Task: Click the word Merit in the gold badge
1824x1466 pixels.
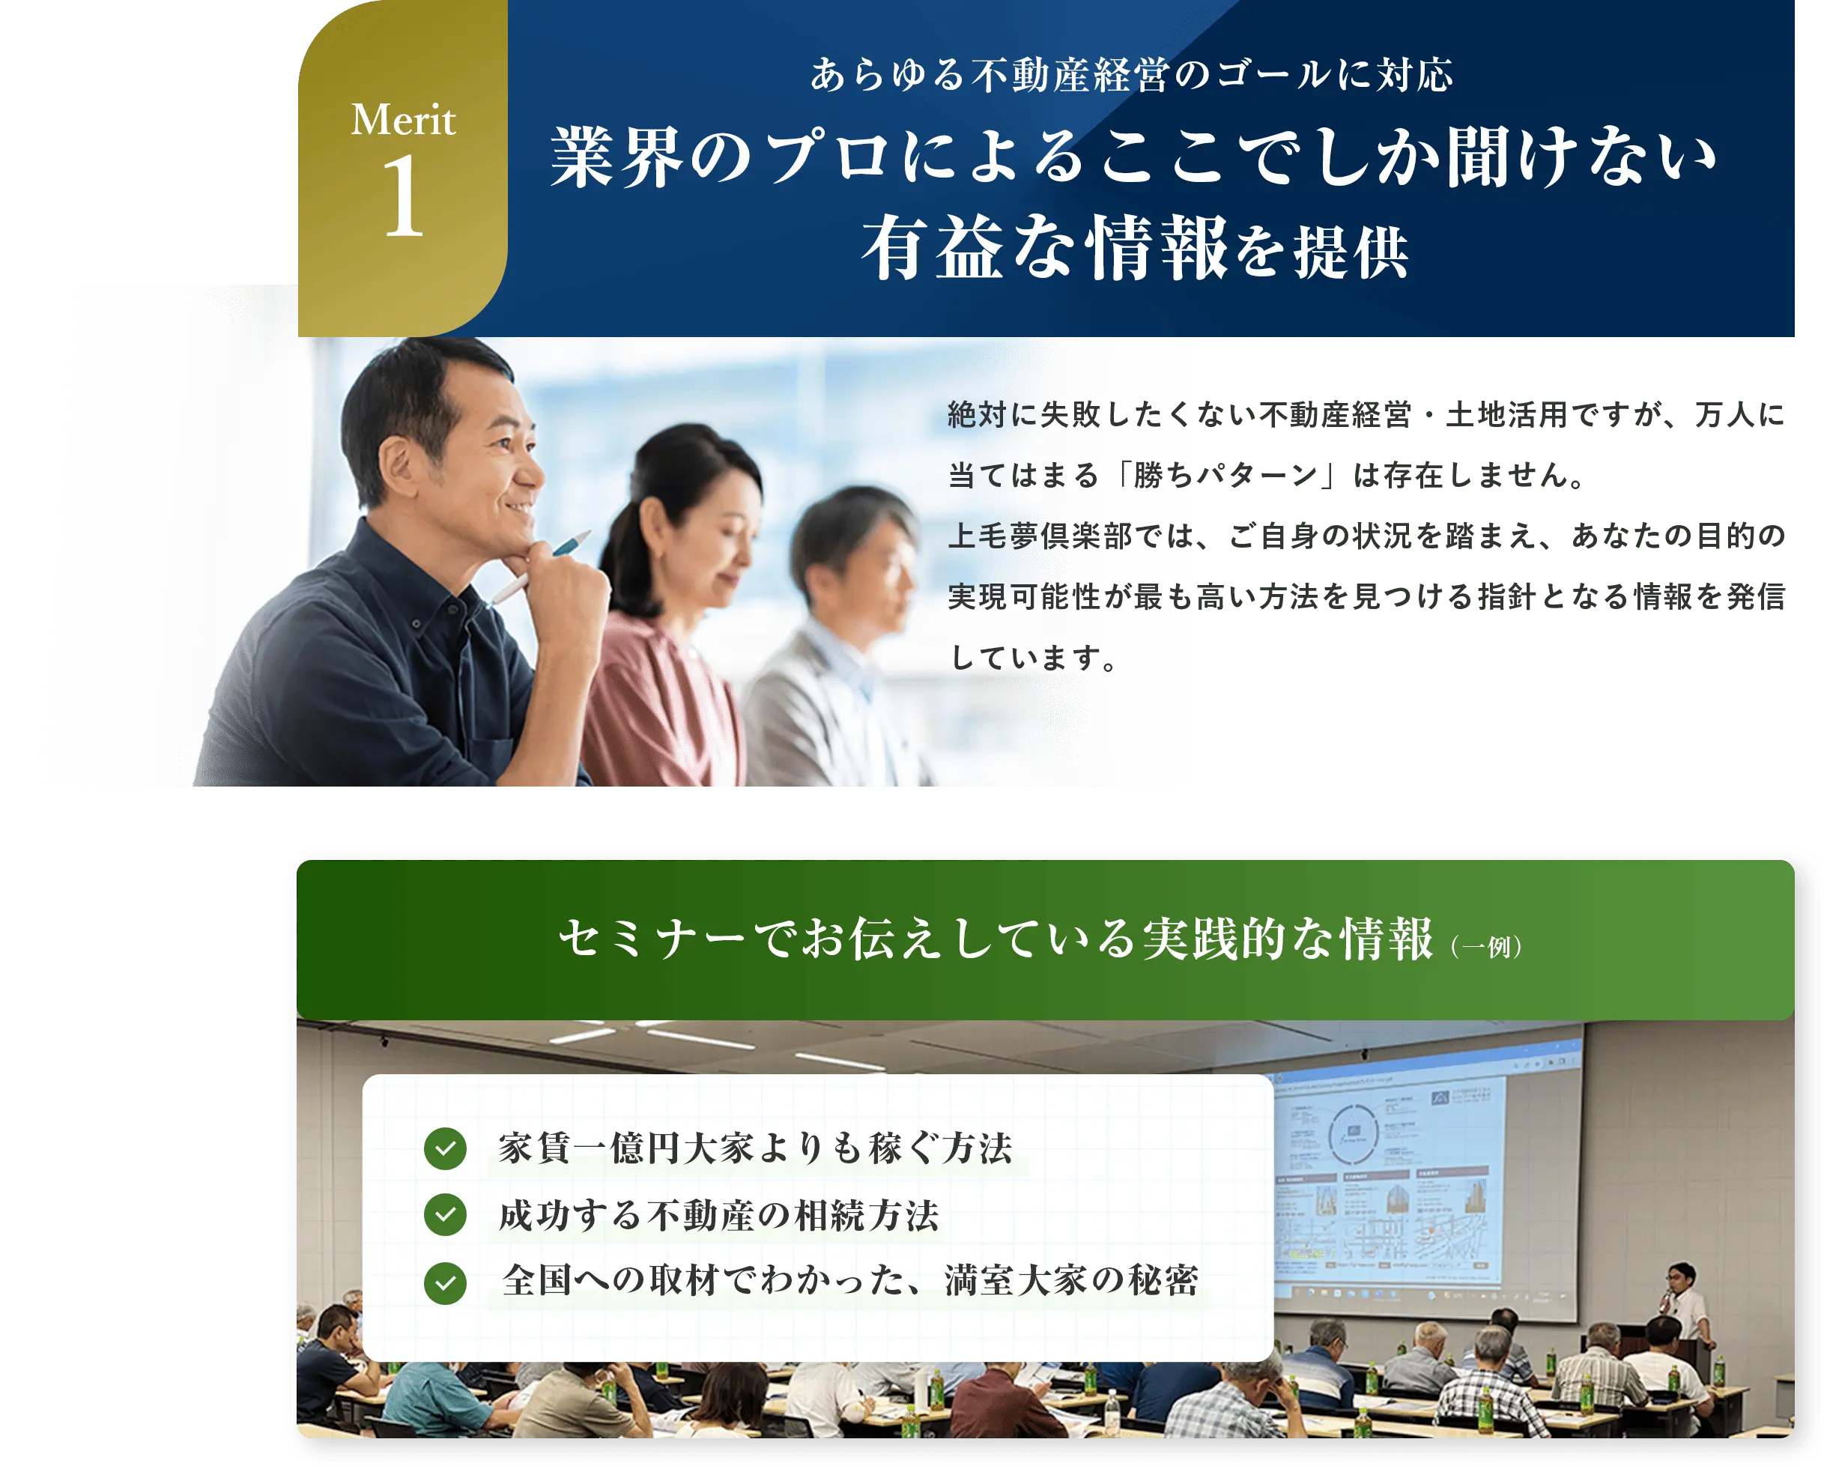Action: [403, 120]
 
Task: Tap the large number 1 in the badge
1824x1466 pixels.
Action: [403, 197]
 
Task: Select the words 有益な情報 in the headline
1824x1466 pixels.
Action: [1044, 249]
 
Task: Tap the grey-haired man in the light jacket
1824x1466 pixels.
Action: [846, 643]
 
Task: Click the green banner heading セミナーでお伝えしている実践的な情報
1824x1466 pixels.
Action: [995, 939]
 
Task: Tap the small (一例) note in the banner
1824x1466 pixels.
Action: [1486, 947]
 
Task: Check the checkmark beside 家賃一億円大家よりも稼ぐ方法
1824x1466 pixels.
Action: [445, 1149]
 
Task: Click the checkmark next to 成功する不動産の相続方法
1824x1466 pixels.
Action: [445, 1215]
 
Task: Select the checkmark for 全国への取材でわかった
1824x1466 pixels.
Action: [445, 1282]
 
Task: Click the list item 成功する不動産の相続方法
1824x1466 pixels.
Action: [719, 1216]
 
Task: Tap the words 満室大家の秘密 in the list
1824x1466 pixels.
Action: [1072, 1281]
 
